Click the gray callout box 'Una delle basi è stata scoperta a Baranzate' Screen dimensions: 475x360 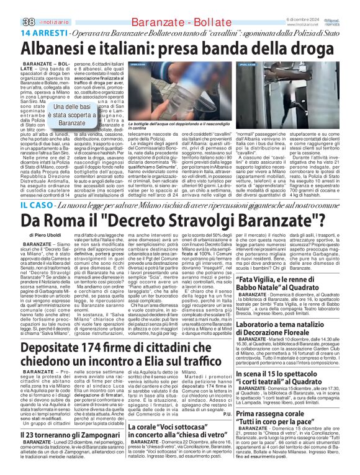[72, 115]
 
